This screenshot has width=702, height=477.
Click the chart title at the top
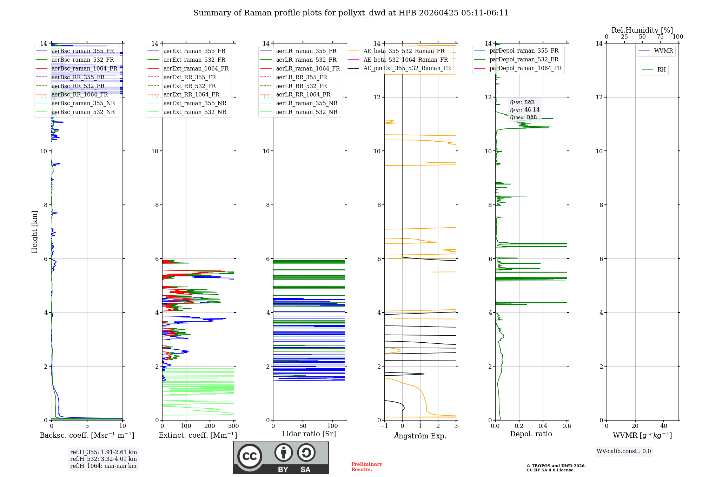click(x=351, y=13)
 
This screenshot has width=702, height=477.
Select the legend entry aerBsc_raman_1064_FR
click(x=84, y=68)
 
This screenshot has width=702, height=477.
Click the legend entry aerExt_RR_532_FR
click(x=190, y=86)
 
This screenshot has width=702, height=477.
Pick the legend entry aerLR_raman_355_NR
click(x=306, y=103)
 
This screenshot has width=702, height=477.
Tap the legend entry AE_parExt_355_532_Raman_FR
click(x=407, y=68)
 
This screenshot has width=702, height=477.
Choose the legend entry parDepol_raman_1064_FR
click(x=525, y=68)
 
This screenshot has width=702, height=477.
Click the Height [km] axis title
click(x=34, y=231)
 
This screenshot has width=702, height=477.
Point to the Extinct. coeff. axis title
click(x=198, y=435)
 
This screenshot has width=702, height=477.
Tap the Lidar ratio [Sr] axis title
click(x=309, y=434)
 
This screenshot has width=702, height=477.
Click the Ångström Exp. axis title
click(x=420, y=436)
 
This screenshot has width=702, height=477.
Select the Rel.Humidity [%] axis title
click(x=642, y=30)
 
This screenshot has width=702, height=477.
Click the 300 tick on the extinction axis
click(x=233, y=426)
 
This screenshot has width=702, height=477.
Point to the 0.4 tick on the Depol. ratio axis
click(x=543, y=426)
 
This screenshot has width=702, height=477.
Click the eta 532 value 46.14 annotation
click(x=525, y=109)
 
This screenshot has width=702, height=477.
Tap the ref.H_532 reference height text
click(x=103, y=459)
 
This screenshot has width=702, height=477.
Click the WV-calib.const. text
click(x=624, y=451)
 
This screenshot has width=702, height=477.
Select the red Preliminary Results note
click(x=367, y=467)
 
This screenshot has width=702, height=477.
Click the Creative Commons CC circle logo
click(x=250, y=456)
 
